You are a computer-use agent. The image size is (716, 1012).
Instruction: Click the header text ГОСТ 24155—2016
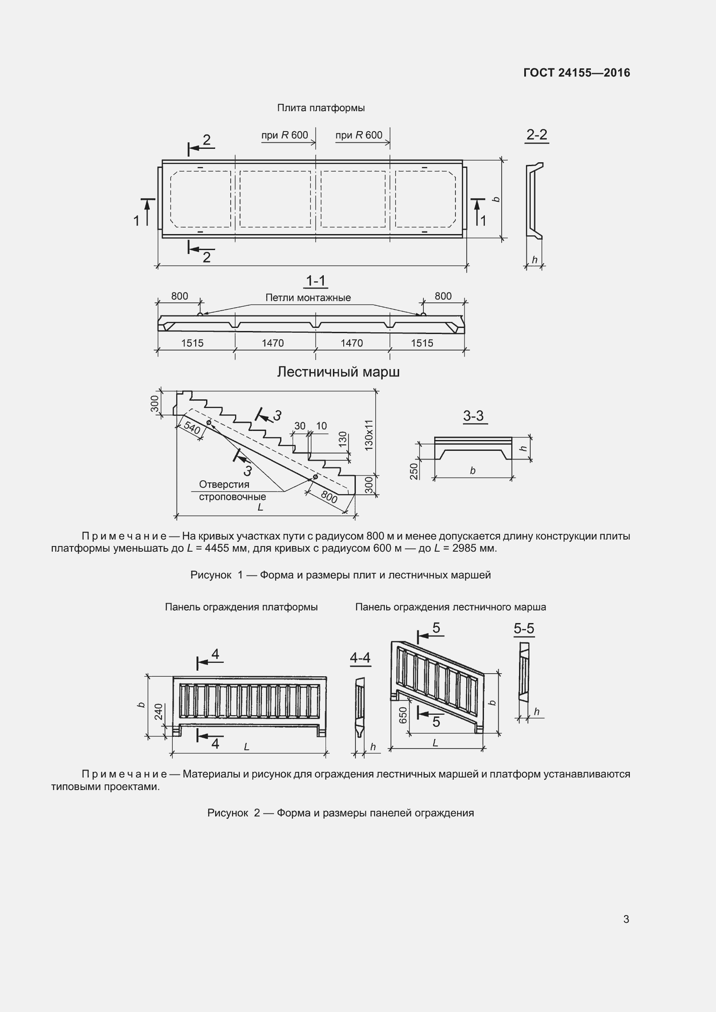click(x=576, y=73)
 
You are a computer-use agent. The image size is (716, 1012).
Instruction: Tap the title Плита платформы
click(x=320, y=108)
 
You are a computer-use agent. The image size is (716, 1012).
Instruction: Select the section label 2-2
click(x=536, y=135)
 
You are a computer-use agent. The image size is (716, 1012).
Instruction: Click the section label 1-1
click(x=316, y=281)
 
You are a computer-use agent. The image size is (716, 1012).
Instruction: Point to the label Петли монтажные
click(x=308, y=298)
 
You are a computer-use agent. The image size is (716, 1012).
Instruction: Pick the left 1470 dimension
click(x=272, y=343)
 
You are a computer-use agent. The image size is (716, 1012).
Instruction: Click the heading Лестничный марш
click(x=338, y=372)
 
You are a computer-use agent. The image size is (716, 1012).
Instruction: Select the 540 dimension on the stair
click(x=192, y=427)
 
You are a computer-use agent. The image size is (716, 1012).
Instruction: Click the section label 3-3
click(x=473, y=416)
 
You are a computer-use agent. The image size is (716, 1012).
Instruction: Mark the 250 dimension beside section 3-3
click(x=414, y=471)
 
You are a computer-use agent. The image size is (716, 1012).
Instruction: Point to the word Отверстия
click(x=224, y=485)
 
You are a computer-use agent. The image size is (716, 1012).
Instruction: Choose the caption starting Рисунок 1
click(x=340, y=575)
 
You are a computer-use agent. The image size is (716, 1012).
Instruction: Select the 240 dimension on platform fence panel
click(x=159, y=711)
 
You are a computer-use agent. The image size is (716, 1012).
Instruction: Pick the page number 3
click(x=626, y=919)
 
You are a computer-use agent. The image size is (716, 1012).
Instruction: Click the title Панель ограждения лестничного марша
click(x=450, y=607)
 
